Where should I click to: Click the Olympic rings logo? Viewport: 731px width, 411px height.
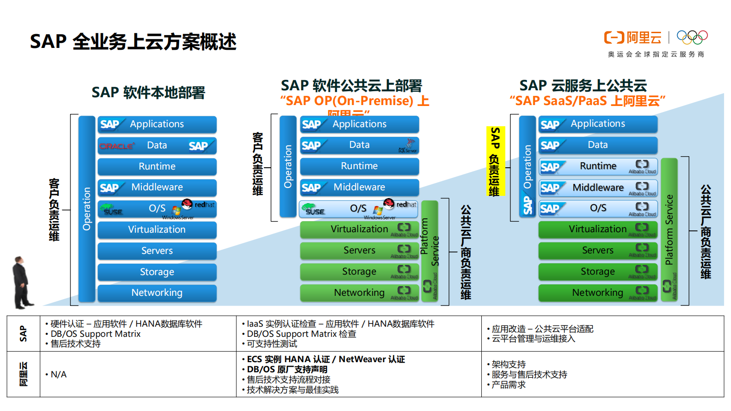692,37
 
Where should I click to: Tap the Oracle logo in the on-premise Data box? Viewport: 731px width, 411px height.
117,146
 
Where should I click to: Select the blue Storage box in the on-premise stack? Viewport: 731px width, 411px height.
157,272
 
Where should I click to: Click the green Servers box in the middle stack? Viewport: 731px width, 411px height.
360,250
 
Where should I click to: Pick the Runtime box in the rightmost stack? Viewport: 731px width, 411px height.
598,166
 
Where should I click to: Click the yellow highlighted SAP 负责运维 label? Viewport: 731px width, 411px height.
495,161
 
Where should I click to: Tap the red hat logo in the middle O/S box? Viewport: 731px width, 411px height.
390,203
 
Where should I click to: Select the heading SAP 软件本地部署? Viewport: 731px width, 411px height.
148,93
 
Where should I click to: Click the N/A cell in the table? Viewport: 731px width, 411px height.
59,375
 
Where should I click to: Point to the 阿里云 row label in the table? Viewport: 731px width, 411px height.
23,374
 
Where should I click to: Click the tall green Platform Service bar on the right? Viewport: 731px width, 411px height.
669,229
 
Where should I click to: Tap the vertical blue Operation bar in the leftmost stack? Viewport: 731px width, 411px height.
87,209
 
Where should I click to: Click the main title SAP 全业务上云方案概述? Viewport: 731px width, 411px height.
133,41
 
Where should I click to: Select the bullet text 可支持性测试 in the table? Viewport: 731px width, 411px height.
272,344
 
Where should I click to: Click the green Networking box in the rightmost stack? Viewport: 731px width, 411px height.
598,293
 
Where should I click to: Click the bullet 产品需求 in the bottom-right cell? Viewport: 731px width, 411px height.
509,385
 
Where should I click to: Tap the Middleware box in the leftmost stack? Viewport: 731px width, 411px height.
157,188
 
